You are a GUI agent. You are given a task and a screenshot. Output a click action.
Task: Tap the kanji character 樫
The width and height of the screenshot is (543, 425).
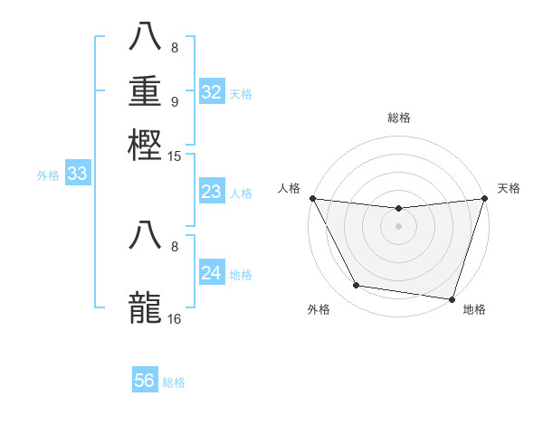[146, 144]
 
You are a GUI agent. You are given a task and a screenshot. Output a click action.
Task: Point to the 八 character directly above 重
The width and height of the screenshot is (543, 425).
[146, 37]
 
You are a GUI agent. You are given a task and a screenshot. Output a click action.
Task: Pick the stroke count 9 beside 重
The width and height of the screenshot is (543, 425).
[174, 101]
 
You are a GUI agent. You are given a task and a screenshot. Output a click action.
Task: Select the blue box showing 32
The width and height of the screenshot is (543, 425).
[211, 92]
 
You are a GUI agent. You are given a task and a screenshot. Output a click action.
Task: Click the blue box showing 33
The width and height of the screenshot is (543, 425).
[77, 175]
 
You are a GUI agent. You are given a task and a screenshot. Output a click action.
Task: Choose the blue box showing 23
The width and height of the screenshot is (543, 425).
[211, 192]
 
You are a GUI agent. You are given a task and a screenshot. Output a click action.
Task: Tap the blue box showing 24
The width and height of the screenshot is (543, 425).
[211, 273]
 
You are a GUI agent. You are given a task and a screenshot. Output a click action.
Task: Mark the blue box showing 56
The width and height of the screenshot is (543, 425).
[144, 381]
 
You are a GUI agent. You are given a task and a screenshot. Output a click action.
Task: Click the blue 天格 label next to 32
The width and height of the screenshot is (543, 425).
[241, 93]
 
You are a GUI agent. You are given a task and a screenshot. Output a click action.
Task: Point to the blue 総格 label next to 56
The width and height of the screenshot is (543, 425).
[174, 382]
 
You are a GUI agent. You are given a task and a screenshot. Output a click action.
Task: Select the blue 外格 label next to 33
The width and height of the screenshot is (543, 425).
[48, 175]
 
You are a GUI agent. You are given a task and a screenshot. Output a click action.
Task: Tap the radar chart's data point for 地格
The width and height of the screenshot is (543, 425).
[451, 298]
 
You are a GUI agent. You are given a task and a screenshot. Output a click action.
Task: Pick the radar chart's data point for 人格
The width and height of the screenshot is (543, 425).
[312, 198]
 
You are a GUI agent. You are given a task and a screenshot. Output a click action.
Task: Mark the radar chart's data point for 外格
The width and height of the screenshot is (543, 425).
[357, 286]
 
